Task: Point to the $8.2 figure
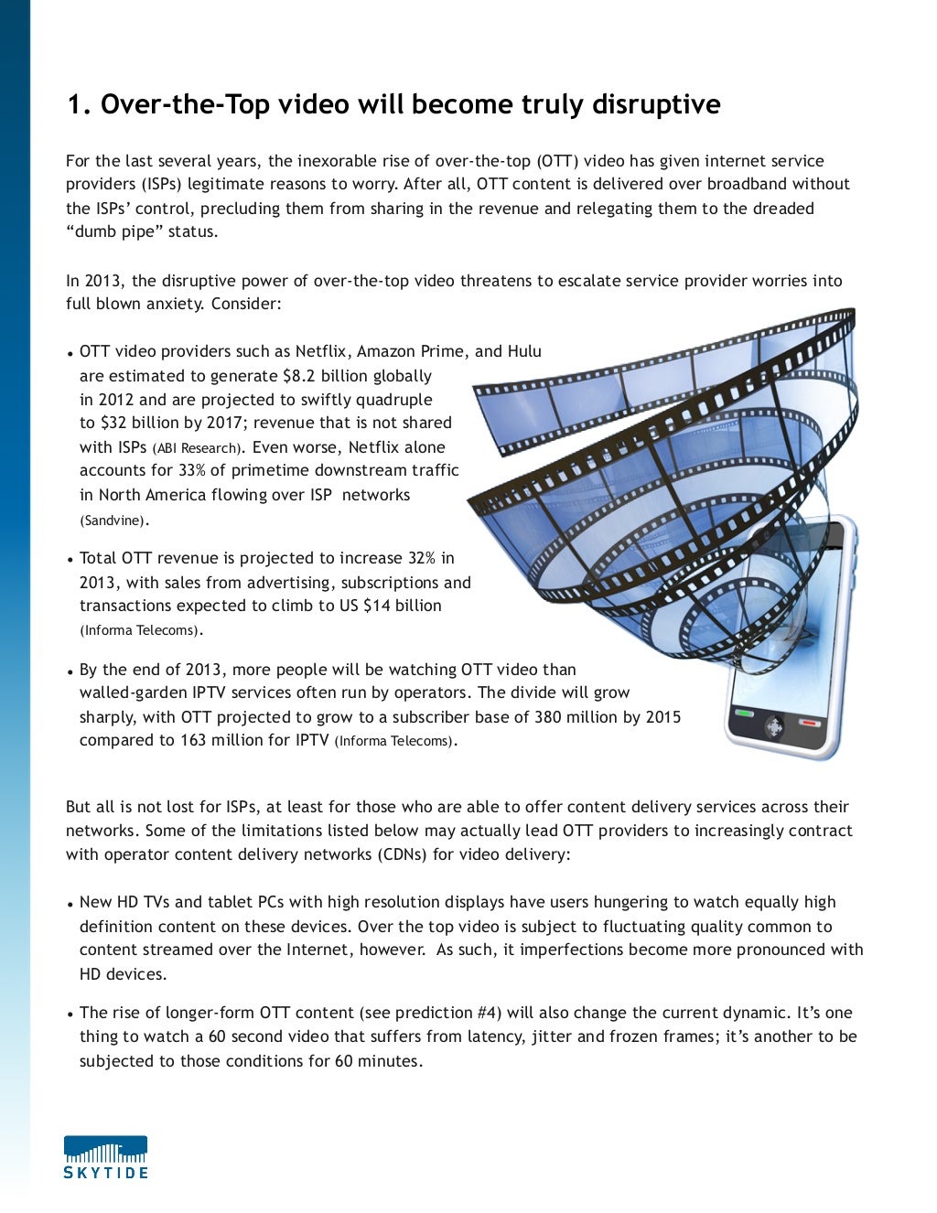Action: point(300,376)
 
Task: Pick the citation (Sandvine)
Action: point(113,521)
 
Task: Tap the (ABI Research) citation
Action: point(198,448)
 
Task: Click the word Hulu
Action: point(524,351)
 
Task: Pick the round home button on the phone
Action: point(774,727)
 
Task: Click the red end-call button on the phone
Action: point(809,723)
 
